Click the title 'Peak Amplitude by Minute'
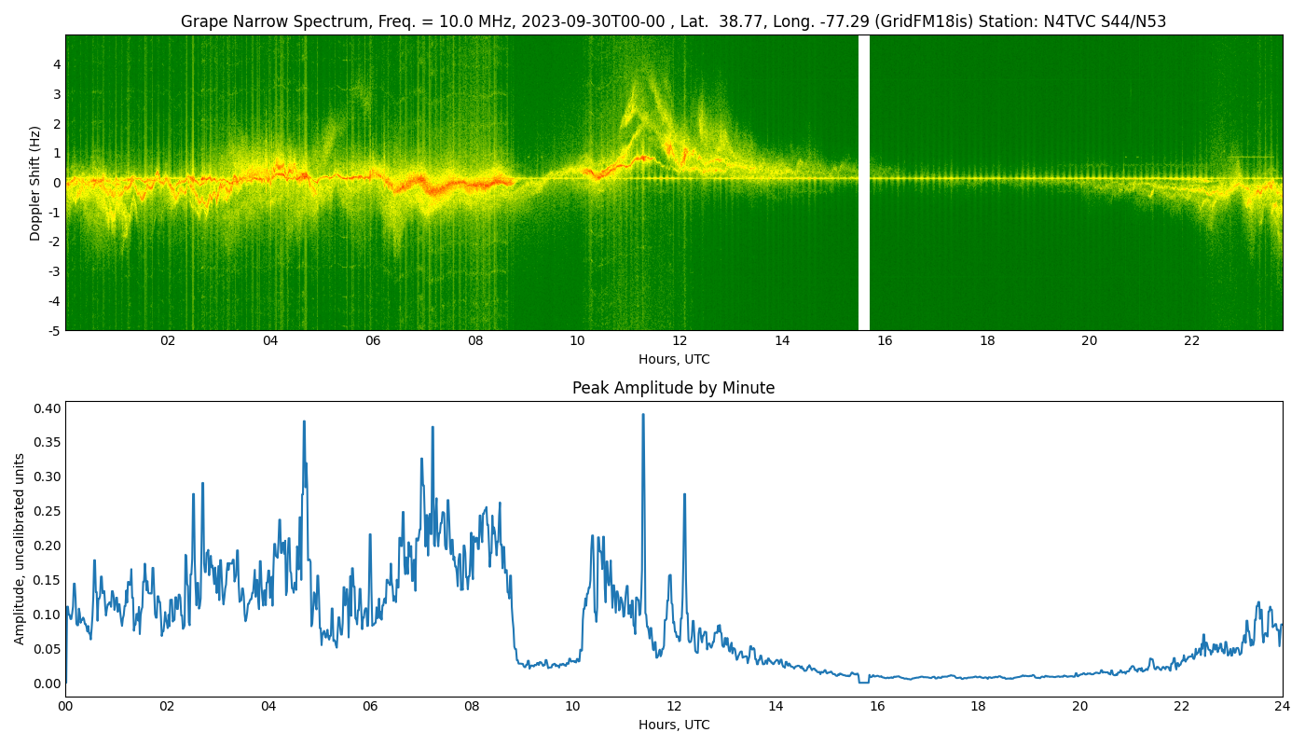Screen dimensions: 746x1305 point(673,388)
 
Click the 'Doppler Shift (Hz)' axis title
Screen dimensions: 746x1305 point(35,183)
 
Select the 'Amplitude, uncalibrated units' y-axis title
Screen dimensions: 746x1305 point(21,548)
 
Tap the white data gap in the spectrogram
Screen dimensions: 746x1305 point(864,183)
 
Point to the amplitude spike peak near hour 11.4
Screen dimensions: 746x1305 point(642,415)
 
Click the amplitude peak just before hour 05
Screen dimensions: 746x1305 point(304,421)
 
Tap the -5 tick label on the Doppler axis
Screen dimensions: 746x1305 point(55,330)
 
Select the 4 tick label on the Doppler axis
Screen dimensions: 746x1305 point(57,64)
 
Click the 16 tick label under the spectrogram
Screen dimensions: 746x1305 point(885,341)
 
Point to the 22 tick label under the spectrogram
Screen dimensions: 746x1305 point(1191,341)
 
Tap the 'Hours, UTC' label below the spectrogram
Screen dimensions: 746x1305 point(673,359)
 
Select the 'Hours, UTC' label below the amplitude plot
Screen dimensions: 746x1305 point(673,725)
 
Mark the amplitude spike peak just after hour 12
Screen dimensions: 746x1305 point(684,494)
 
